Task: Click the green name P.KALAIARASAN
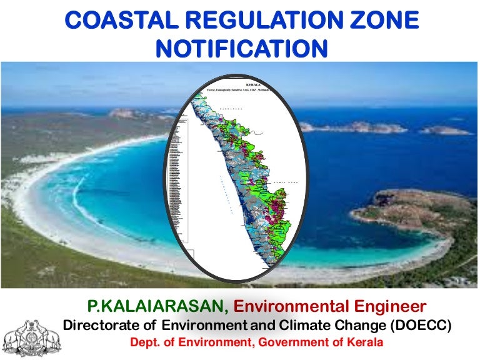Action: [156, 307]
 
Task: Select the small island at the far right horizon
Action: [445, 131]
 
